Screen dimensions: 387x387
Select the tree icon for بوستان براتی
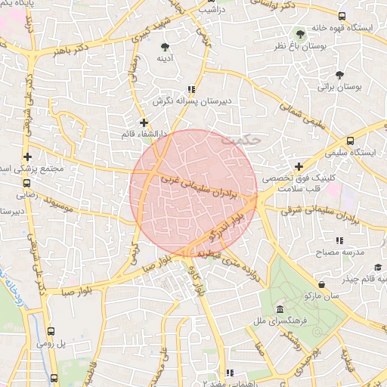339,74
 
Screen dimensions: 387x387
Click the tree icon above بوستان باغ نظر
301,34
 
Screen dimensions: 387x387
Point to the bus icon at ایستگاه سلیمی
349,141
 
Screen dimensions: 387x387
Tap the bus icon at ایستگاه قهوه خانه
342,16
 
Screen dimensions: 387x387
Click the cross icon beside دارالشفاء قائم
144,122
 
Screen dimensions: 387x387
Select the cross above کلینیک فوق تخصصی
299,166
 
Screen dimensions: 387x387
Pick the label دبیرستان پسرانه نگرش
191,101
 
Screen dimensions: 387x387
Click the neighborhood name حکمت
242,140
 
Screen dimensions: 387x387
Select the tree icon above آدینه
165,47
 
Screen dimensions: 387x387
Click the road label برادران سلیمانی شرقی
309,211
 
